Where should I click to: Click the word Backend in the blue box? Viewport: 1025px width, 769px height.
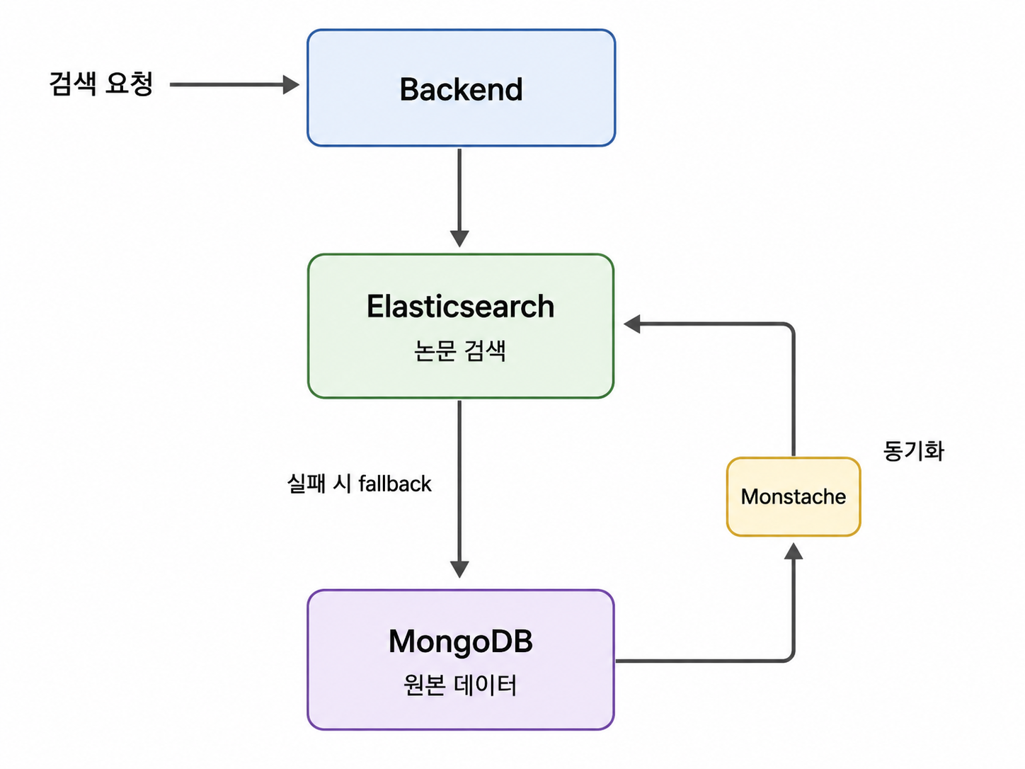coord(461,89)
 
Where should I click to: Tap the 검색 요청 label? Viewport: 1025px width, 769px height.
coord(101,84)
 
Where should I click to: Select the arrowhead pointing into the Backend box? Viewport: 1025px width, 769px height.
coord(291,84)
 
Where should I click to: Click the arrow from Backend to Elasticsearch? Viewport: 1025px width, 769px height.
coord(459,198)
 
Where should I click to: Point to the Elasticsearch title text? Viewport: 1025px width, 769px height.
coord(460,307)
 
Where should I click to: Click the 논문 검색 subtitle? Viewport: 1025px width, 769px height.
coord(460,351)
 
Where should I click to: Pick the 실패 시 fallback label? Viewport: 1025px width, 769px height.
coord(359,484)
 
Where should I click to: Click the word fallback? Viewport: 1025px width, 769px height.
coord(395,484)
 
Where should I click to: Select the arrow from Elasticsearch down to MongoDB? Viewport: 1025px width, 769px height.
coord(459,489)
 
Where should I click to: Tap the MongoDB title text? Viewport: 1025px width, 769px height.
coord(460,641)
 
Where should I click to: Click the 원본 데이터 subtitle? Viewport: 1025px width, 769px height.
coord(460,685)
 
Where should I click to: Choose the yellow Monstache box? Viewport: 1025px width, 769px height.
coord(794,497)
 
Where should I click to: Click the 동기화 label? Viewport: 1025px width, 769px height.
coord(913,451)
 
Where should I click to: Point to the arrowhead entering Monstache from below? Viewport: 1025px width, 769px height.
coord(794,552)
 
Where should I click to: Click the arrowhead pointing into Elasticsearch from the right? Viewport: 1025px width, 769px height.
coord(632,324)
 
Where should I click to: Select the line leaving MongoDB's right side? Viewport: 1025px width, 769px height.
coord(705,661)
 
